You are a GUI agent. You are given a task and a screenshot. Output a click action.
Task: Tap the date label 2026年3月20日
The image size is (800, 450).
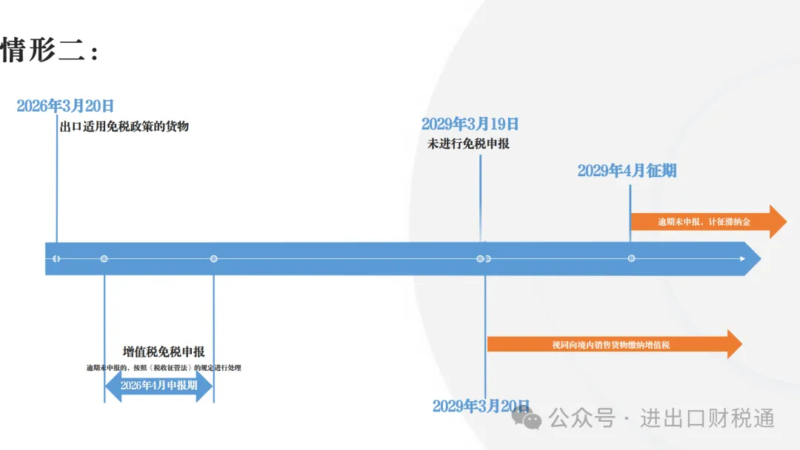[x=65, y=106]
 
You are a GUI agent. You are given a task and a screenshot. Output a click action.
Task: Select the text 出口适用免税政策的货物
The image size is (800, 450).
[x=124, y=127]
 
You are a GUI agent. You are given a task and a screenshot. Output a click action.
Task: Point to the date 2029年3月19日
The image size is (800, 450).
[x=470, y=124]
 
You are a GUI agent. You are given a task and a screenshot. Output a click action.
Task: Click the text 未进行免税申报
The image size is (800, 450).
[x=468, y=144]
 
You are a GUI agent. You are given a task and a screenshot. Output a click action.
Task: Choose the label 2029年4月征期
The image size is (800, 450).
[x=627, y=171]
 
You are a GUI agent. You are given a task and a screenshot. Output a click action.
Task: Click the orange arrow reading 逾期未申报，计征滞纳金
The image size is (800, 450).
[x=709, y=222]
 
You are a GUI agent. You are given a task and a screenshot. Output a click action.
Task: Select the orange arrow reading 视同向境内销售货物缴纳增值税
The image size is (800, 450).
[x=615, y=344]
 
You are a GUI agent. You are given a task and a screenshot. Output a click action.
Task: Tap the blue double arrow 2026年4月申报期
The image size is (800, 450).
[x=159, y=386]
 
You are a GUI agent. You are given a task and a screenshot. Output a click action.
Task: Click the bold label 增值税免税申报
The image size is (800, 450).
[x=164, y=352]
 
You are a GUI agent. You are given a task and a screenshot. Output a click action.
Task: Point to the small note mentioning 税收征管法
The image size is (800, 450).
[x=164, y=367]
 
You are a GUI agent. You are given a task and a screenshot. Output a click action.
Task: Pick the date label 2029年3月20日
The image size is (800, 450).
[x=481, y=406]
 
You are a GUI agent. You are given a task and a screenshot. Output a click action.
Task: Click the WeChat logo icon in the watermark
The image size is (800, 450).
[x=526, y=418]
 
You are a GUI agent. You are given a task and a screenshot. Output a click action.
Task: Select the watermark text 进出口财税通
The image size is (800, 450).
[x=707, y=418]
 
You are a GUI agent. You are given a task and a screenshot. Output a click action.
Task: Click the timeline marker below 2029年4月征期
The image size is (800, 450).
[x=631, y=258]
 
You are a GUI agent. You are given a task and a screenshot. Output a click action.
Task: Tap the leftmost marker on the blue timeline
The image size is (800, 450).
[x=56, y=259]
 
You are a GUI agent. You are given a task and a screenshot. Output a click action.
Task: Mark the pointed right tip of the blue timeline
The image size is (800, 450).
[x=761, y=259]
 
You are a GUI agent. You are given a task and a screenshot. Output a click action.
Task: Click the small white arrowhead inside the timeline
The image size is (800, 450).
[x=742, y=259]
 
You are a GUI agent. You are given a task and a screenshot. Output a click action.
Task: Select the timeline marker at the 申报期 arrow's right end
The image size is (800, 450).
[x=214, y=259]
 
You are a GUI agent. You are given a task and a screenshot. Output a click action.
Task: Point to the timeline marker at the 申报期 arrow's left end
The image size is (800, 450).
[x=104, y=259]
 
